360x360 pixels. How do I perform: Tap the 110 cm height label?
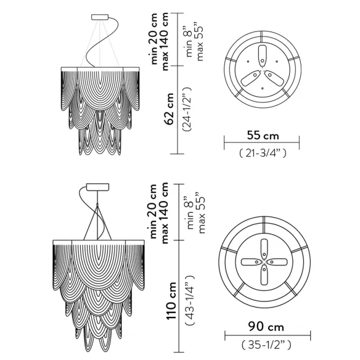point(171,300)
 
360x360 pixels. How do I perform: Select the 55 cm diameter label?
point(263,136)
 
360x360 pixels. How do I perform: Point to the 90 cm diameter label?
point(266,327)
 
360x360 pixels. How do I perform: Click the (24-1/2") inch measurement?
point(187,109)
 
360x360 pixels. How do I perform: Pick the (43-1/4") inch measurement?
point(190,300)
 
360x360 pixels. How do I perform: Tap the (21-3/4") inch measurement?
point(263,153)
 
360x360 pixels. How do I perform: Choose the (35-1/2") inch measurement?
point(266,345)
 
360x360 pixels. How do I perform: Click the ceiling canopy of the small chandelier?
point(100,17)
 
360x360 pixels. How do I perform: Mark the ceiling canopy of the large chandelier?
point(97,187)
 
